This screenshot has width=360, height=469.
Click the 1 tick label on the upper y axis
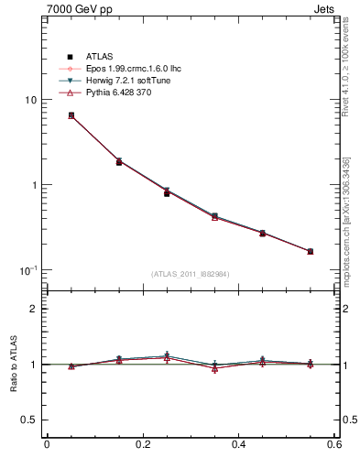click(33, 185)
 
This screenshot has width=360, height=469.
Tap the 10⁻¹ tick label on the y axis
click(27, 270)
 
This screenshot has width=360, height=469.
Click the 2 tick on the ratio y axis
click(33, 309)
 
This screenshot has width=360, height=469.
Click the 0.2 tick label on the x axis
click(142, 444)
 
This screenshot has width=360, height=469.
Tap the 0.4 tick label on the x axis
click(238, 444)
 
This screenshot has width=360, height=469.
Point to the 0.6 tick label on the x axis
click(334, 444)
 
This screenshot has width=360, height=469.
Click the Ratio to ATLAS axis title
click(12, 365)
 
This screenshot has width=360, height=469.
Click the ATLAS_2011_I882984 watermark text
click(191, 274)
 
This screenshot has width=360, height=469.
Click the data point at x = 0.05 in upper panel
click(71, 115)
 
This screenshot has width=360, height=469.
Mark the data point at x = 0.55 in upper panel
click(311, 251)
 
